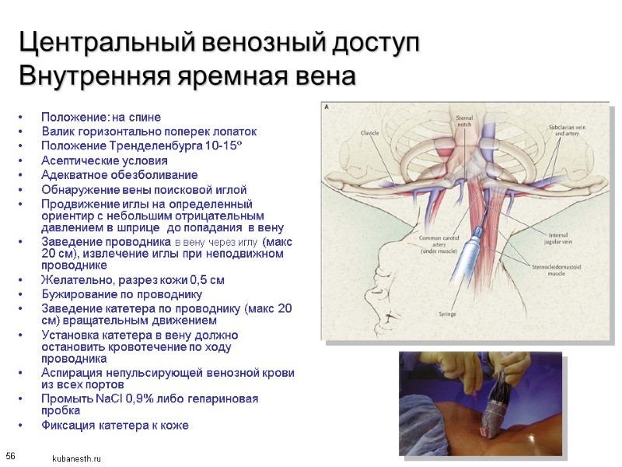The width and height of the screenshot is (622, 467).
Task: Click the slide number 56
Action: point(11,455)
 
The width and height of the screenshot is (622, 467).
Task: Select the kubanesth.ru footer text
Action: point(77,459)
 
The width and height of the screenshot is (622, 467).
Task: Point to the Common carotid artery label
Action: point(440,244)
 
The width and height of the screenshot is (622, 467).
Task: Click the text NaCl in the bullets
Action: point(100,399)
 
